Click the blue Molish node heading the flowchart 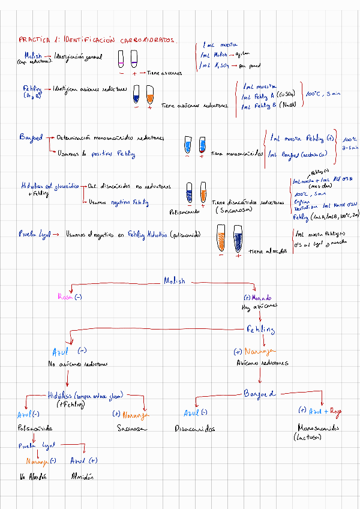[x=175, y=281]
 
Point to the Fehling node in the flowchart [x=260, y=330]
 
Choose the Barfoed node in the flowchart [x=259, y=394]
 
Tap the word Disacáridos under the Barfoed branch [x=194, y=429]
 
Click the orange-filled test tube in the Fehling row [x=149, y=94]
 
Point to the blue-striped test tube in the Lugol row [x=239, y=236]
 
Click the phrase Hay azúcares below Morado [x=259, y=307]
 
